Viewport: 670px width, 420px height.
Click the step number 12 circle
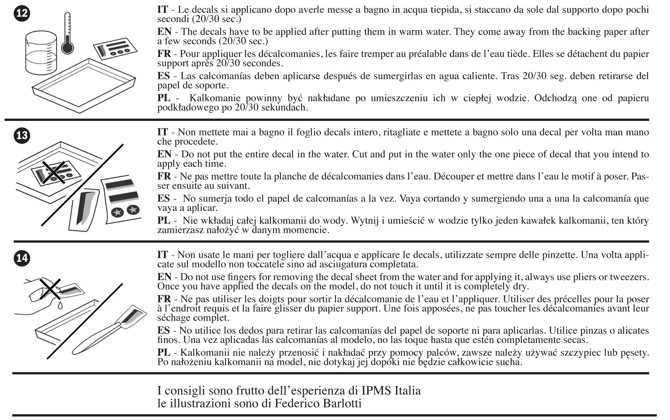coord(22,13)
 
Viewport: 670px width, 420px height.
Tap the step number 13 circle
coord(22,135)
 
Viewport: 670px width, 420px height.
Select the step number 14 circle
coord(22,258)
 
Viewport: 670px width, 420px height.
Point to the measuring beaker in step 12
coord(41,53)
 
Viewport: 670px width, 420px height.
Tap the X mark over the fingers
coord(50,289)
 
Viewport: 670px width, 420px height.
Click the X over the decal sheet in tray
coord(54,172)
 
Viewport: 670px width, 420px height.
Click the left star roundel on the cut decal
coord(117,213)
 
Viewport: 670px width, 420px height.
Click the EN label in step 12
coord(164,32)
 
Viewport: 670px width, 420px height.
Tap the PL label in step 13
coord(164,221)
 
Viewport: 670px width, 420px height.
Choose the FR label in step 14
coord(164,299)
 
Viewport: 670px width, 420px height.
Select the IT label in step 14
coord(163,255)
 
